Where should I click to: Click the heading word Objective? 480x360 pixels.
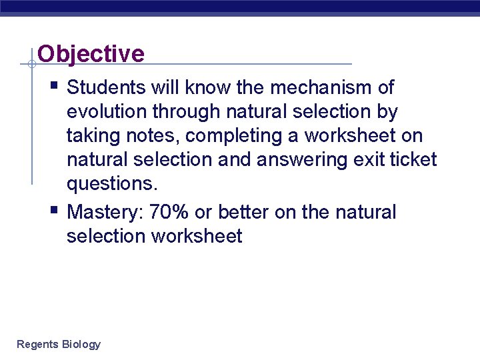(x=91, y=53)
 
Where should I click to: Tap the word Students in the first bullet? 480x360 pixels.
(x=106, y=87)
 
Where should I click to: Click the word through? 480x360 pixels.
(x=186, y=112)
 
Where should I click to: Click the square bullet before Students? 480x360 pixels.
(x=54, y=85)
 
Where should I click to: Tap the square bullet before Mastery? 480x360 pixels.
(x=54, y=210)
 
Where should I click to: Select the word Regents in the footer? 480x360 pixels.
(x=37, y=345)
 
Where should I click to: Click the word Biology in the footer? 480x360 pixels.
(x=81, y=345)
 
